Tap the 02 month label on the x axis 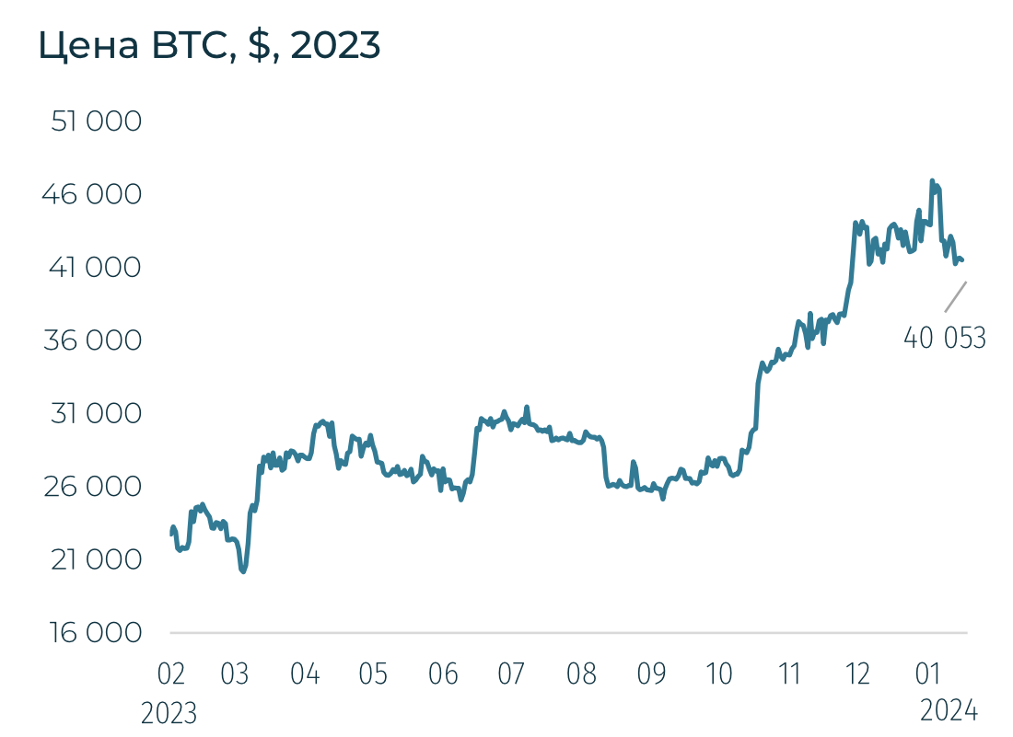pos(171,674)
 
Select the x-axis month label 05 pos(372,674)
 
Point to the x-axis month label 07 pos(511,674)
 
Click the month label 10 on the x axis pos(718,674)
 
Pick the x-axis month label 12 pos(857,674)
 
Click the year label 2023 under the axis pos(169,713)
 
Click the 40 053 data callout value pos(944,339)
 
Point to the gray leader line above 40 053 pos(956,296)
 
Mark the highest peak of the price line pos(932,180)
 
